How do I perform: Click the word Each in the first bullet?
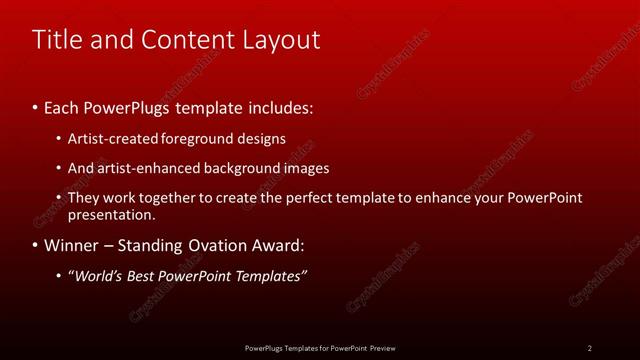[61, 105]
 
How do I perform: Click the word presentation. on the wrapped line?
[112, 214]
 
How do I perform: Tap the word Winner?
[70, 245]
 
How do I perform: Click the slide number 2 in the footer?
[590, 348]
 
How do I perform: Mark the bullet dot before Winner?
[36, 245]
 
